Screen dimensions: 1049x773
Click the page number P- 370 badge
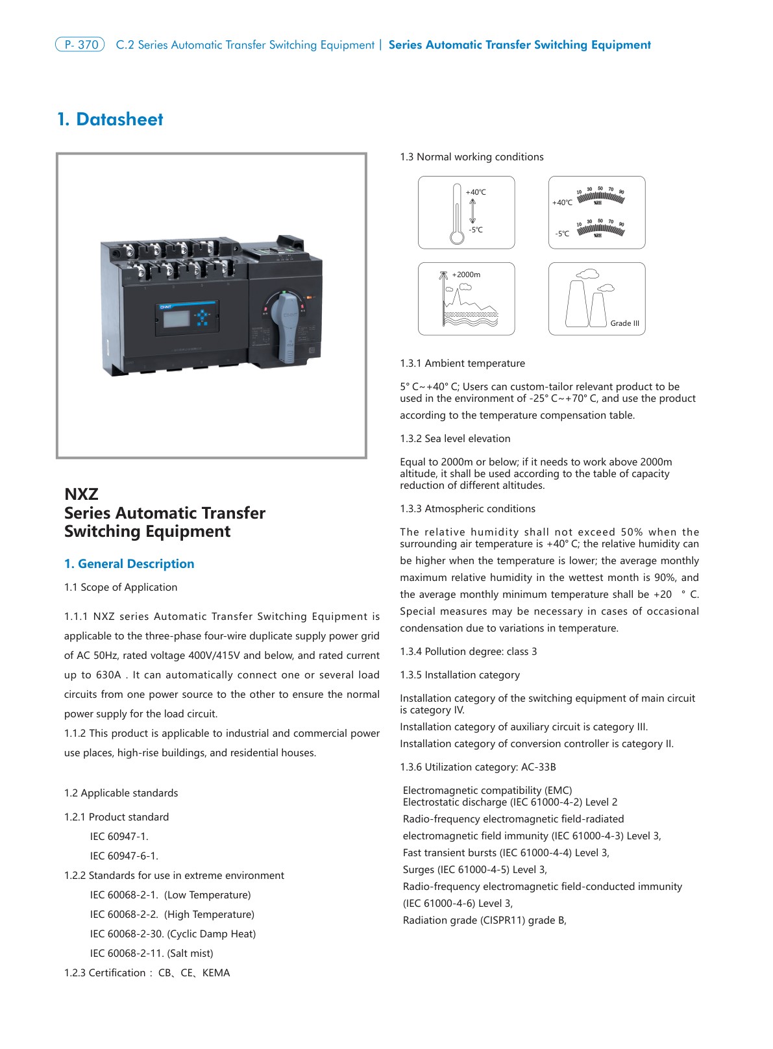pos(80,45)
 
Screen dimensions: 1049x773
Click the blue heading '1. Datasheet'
pos(110,119)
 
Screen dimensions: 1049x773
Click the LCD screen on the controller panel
pos(176,318)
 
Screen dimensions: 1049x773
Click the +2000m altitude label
pos(466,275)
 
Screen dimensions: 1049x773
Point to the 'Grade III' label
pos(624,323)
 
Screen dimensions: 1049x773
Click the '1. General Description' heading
pos(129,563)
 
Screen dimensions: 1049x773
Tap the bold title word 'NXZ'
pos(81,494)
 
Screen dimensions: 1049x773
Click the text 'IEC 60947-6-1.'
pos(124,856)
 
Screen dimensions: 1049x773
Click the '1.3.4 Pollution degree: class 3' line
pos(469,651)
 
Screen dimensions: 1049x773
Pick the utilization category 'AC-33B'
pos(538,767)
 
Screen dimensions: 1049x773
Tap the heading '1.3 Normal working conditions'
pos(472,157)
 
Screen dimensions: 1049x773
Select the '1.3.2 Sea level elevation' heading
pos(455,438)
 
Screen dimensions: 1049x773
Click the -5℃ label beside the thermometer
pos(476,230)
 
